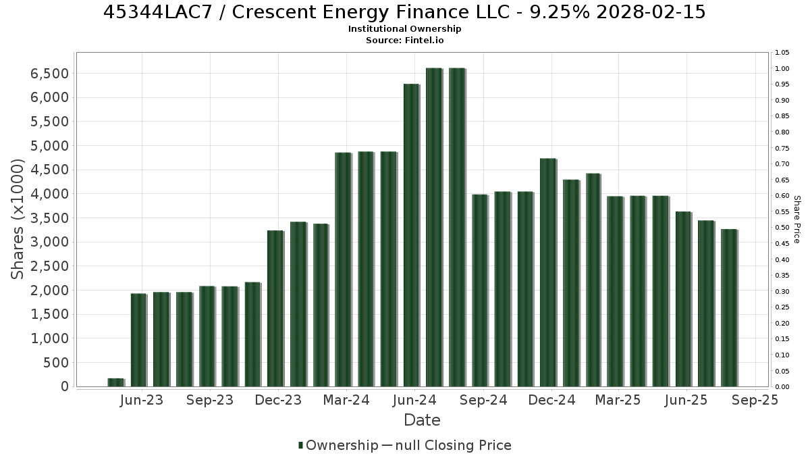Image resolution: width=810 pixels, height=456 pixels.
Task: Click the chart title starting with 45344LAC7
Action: tap(404, 12)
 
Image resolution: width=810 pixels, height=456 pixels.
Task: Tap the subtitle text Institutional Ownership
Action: tap(404, 29)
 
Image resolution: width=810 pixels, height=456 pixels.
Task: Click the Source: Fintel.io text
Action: tap(404, 40)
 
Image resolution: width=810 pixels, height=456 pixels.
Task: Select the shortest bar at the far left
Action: tap(116, 382)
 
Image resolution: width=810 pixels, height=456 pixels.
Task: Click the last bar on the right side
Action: tap(730, 307)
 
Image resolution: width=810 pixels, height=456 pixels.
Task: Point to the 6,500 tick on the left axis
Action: tap(49, 74)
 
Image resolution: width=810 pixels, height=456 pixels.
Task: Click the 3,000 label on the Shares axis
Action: tap(49, 242)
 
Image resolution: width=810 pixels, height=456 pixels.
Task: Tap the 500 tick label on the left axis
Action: tap(56, 363)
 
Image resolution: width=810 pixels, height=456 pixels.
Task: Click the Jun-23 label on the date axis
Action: tap(142, 400)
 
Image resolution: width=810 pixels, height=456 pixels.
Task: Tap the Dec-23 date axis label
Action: tap(278, 400)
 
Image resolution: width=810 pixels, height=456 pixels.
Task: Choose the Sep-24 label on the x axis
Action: tap(483, 400)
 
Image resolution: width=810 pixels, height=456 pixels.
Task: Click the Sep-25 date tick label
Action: tap(755, 400)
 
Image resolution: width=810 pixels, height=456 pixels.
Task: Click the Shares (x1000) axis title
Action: tap(18, 220)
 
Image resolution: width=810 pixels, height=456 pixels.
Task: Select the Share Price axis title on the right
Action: tap(796, 220)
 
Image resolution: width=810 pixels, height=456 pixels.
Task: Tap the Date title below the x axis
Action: tap(422, 420)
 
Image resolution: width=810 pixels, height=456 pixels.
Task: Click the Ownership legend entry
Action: tap(338, 445)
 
